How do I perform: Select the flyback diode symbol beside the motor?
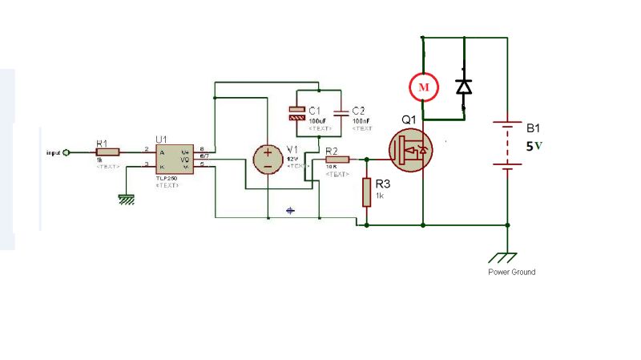click(463, 86)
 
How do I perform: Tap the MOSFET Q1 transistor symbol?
click(411, 150)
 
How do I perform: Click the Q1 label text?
click(409, 120)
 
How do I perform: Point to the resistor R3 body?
click(366, 192)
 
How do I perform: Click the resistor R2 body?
click(337, 159)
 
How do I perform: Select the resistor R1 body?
click(107, 151)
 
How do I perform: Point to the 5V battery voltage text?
click(534, 147)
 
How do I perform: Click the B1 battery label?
click(534, 128)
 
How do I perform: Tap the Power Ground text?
click(511, 272)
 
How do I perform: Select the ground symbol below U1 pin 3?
click(126, 199)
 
